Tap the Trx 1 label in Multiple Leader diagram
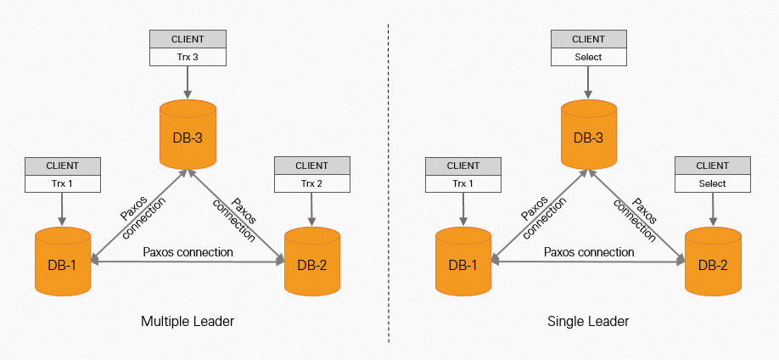(63, 183)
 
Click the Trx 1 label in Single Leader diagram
(463, 183)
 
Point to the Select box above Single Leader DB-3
(589, 57)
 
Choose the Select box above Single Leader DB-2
(713, 183)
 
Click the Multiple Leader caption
(188, 322)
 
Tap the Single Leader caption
(588, 322)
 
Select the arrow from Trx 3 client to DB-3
(188, 82)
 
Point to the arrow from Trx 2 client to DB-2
(312, 209)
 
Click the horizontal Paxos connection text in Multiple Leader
(188, 252)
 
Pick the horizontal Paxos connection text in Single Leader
(589, 252)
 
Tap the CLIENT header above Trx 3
(188, 39)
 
